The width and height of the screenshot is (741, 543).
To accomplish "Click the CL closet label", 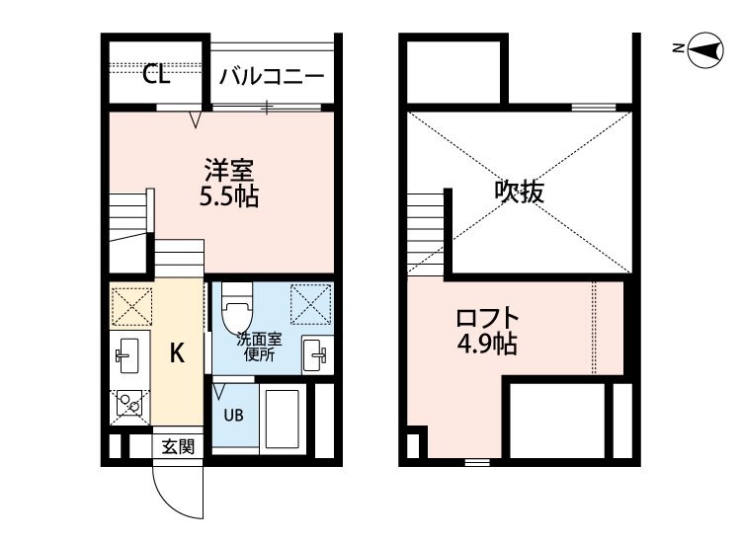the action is click(156, 74).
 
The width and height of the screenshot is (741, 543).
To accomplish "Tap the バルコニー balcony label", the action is click(272, 76).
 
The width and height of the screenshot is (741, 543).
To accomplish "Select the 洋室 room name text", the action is click(229, 171).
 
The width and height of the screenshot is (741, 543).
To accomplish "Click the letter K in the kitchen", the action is click(177, 352).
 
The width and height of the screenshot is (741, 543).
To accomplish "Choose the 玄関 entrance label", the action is click(178, 446).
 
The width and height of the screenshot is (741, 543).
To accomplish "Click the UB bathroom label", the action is click(233, 415).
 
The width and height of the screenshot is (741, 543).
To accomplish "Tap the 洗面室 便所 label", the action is click(259, 348).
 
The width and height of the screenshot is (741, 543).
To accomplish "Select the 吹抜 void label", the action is click(520, 192).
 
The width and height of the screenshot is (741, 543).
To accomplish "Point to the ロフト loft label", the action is click(488, 318).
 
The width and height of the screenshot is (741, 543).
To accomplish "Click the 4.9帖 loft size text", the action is click(487, 344).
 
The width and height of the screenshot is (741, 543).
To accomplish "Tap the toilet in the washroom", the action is click(238, 307).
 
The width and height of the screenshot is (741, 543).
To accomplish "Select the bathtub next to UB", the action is click(283, 419).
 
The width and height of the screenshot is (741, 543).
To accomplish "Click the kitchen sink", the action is click(127, 355).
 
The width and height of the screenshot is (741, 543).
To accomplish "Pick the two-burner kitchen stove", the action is click(130, 404).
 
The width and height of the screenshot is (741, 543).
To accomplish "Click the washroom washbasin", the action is click(315, 354).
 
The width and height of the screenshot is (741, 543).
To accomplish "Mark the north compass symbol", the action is click(704, 50).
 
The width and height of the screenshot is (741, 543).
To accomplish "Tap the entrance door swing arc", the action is click(165, 502).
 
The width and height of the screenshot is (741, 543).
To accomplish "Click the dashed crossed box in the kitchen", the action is click(131, 307).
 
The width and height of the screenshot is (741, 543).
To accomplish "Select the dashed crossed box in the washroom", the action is click(311, 304).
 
